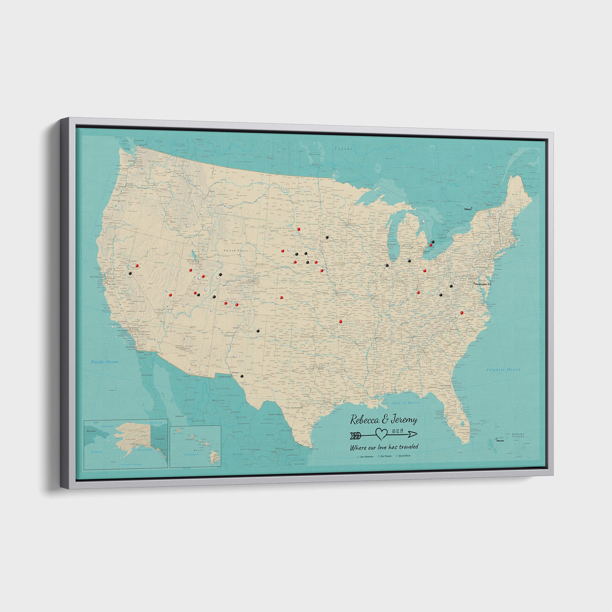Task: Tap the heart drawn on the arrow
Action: [381, 434]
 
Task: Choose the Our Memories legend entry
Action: [366, 457]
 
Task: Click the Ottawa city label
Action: [467, 209]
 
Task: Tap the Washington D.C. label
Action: [483, 284]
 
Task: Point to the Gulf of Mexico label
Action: [406, 403]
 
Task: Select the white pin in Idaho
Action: [188, 226]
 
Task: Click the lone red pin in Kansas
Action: [281, 297]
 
